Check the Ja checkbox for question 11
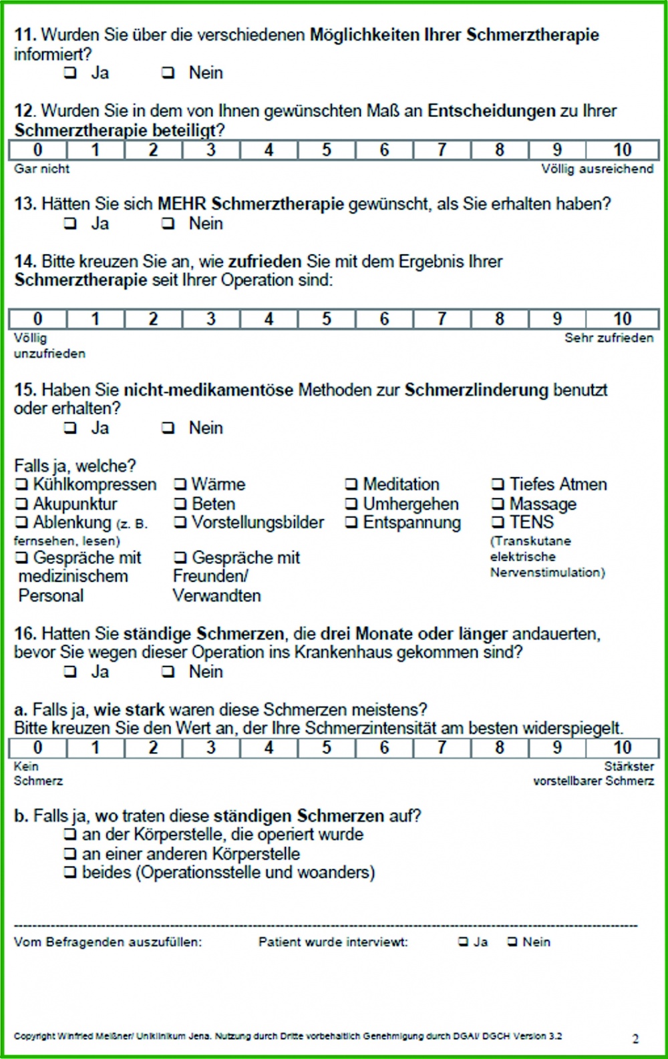(70, 73)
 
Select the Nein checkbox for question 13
(168, 224)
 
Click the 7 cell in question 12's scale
(442, 150)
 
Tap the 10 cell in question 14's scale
(622, 319)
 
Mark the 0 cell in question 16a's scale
(38, 748)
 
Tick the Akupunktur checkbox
(22, 504)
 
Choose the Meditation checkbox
(351, 484)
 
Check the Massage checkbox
(498, 504)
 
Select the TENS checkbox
(498, 522)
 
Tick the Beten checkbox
(180, 504)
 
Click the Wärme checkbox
(180, 484)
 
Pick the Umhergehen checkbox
(351, 504)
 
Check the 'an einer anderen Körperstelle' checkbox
(70, 853)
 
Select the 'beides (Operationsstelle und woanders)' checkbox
(70, 872)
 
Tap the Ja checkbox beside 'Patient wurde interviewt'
(464, 942)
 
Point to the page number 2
(635, 1038)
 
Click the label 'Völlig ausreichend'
(597, 169)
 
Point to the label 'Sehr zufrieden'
(609, 338)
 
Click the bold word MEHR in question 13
(182, 204)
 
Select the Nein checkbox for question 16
(168, 672)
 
